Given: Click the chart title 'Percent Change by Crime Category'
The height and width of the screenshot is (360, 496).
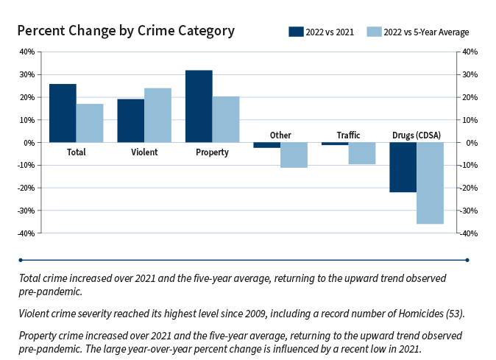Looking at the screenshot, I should [126, 31].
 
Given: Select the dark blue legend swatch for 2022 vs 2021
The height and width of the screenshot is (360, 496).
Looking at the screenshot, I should [296, 32].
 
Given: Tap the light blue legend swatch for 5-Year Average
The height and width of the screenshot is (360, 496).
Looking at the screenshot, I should [373, 32].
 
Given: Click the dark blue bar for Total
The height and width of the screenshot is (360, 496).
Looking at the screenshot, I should [63, 113].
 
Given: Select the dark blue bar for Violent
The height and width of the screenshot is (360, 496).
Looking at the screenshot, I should [130, 121].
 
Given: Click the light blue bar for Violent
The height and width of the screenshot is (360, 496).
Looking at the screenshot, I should [157, 116].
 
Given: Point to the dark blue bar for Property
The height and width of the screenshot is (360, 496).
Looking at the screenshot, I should [199, 106].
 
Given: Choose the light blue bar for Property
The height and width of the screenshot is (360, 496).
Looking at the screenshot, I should [226, 119].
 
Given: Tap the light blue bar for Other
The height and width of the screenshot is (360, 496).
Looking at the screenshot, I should [294, 155].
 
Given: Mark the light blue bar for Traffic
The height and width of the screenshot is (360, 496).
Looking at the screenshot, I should [361, 153].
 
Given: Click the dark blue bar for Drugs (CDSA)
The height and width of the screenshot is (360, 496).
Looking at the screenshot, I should [403, 167].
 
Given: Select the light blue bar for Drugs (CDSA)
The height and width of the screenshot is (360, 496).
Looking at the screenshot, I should [430, 183].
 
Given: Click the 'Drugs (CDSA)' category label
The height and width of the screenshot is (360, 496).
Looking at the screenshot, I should [416, 135].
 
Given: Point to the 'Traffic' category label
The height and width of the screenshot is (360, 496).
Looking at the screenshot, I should [348, 135].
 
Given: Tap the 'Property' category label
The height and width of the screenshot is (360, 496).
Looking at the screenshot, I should [212, 152].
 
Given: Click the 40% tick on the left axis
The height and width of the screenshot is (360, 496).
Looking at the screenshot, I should [26, 52].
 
